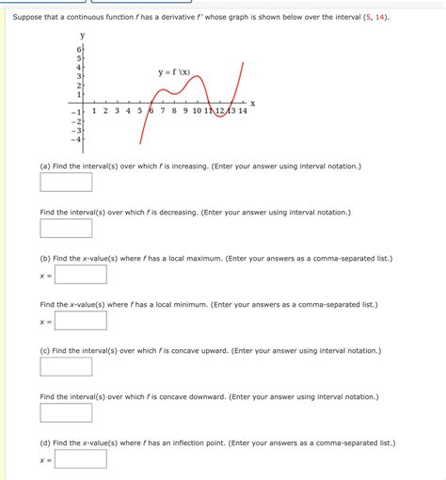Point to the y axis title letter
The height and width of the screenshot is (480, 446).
[82, 35]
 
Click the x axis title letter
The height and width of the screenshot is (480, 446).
[252, 103]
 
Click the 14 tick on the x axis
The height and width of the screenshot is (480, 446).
[243, 111]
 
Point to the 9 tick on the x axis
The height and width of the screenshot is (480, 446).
[184, 111]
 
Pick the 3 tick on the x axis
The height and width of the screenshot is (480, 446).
[117, 111]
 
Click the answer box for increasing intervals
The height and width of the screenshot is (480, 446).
[66, 182]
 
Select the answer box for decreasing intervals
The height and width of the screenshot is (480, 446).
[66, 228]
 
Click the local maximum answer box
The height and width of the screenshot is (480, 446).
[80, 274]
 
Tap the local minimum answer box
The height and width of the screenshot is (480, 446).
[80, 320]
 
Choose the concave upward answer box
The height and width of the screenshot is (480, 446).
[66, 366]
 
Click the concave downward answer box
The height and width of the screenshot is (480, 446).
[66, 412]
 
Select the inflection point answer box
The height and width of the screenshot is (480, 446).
[80, 458]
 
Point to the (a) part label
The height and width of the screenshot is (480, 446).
[45, 166]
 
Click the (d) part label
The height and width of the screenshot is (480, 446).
[45, 442]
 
